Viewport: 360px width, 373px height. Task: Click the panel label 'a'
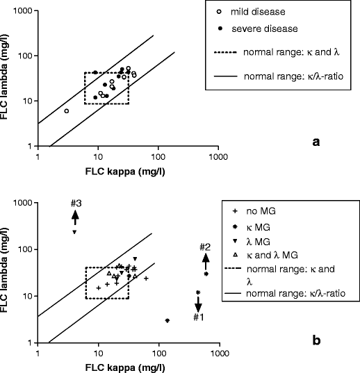pos(317,142)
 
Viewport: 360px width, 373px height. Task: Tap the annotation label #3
pos(76,203)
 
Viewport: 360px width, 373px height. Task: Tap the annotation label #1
pos(198,317)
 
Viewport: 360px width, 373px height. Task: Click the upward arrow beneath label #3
pos(75,217)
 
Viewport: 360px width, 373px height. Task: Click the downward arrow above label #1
pos(198,304)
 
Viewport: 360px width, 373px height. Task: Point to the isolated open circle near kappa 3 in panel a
pos(67,111)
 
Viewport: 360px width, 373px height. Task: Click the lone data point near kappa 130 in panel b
pos(167,320)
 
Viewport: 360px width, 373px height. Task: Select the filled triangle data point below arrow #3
pos(74,232)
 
